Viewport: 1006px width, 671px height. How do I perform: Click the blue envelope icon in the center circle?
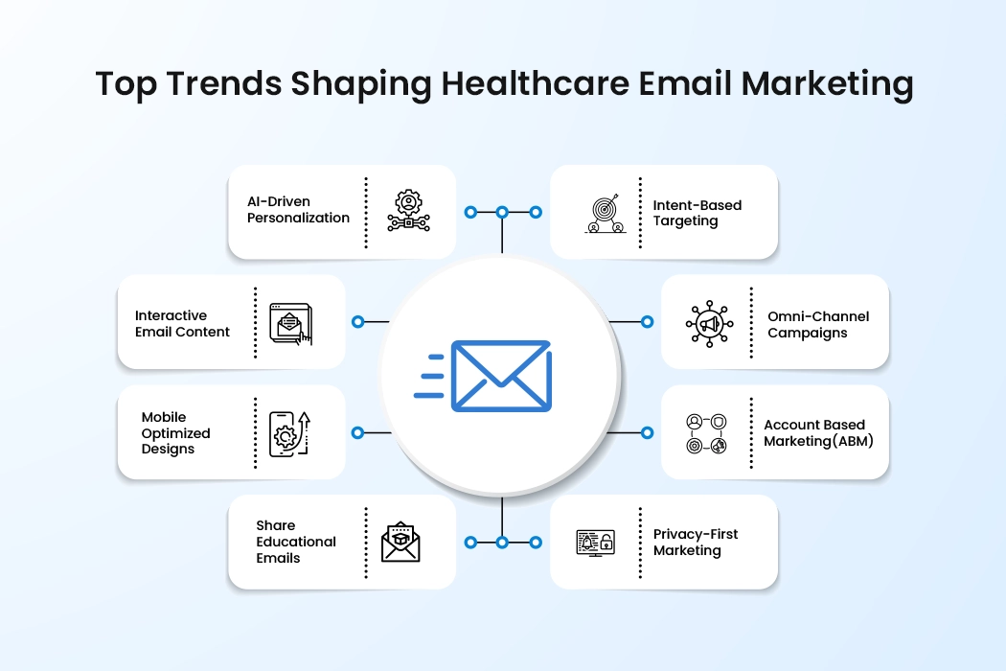pyautogui.click(x=500, y=376)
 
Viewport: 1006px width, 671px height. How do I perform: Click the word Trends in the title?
pyautogui.click(x=225, y=84)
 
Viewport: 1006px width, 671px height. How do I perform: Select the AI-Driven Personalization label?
pyautogui.click(x=298, y=210)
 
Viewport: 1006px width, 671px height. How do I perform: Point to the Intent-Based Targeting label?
pyautogui.click(x=697, y=213)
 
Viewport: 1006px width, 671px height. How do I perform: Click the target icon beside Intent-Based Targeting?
pyautogui.click(x=605, y=214)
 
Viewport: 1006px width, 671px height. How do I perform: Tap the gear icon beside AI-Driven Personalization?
pyautogui.click(x=408, y=211)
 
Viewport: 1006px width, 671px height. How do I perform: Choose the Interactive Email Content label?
pyautogui.click(x=182, y=324)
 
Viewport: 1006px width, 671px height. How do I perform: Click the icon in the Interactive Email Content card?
pyautogui.click(x=290, y=323)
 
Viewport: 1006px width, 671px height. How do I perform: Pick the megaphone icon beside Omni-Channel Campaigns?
pyautogui.click(x=709, y=324)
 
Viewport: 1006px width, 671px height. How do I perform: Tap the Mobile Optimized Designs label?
pyautogui.click(x=175, y=433)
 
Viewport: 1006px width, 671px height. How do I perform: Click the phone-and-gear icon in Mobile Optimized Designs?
pyautogui.click(x=288, y=433)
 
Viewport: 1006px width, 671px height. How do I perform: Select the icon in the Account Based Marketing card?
pyautogui.click(x=706, y=433)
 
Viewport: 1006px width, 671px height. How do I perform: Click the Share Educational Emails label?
pyautogui.click(x=296, y=542)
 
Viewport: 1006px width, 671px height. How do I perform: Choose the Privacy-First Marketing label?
pyautogui.click(x=696, y=543)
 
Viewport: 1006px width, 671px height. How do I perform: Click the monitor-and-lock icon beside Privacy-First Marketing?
pyautogui.click(x=595, y=543)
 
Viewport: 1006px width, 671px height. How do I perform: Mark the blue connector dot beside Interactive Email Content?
pyautogui.click(x=357, y=322)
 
